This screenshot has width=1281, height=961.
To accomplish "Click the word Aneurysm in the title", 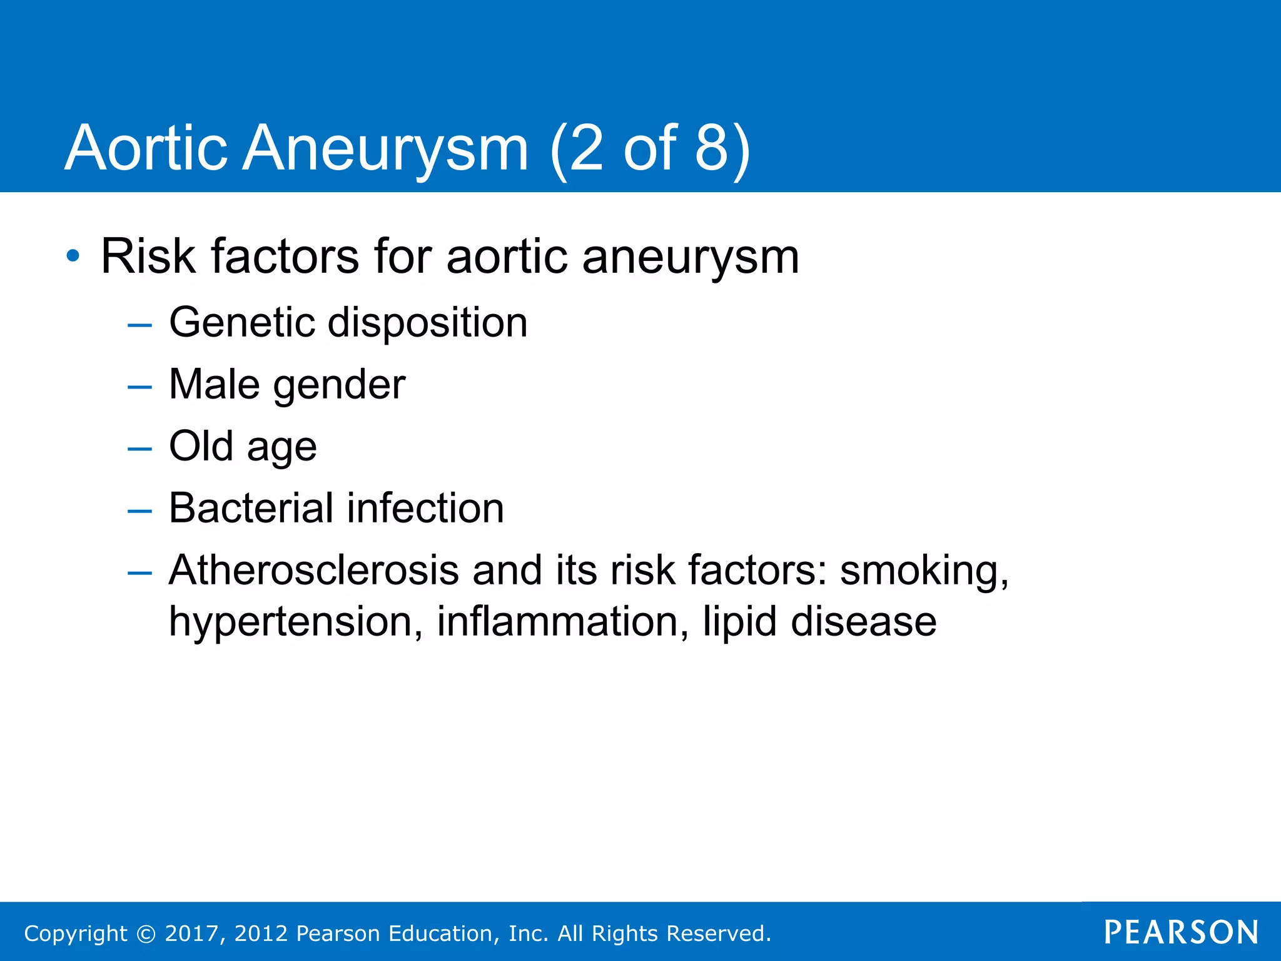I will point(385,149).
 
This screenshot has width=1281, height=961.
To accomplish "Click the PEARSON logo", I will point(1181,932).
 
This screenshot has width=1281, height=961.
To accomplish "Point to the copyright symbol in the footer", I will point(146,933).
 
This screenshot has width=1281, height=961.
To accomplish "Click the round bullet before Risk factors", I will point(73,256).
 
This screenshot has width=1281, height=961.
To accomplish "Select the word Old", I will point(201,446).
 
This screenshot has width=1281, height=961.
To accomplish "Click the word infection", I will point(425,508).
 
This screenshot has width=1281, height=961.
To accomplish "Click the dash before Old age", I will point(139,449).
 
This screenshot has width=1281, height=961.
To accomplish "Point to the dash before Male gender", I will point(139,387).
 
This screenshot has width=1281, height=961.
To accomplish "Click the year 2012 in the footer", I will point(261,933).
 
